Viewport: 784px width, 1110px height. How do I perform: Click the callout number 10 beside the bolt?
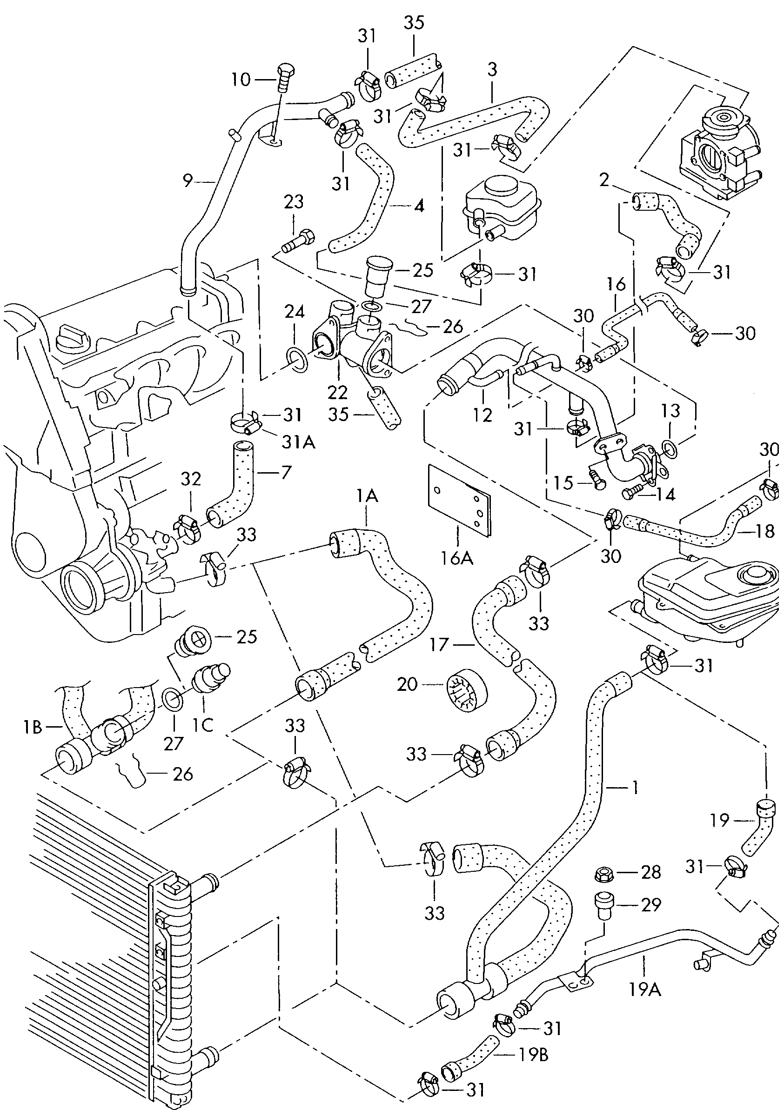(241, 79)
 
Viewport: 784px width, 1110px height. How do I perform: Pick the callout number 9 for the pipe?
(188, 181)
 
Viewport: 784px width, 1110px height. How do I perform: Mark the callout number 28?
(650, 872)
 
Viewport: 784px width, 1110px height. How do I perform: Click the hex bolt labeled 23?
(298, 241)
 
